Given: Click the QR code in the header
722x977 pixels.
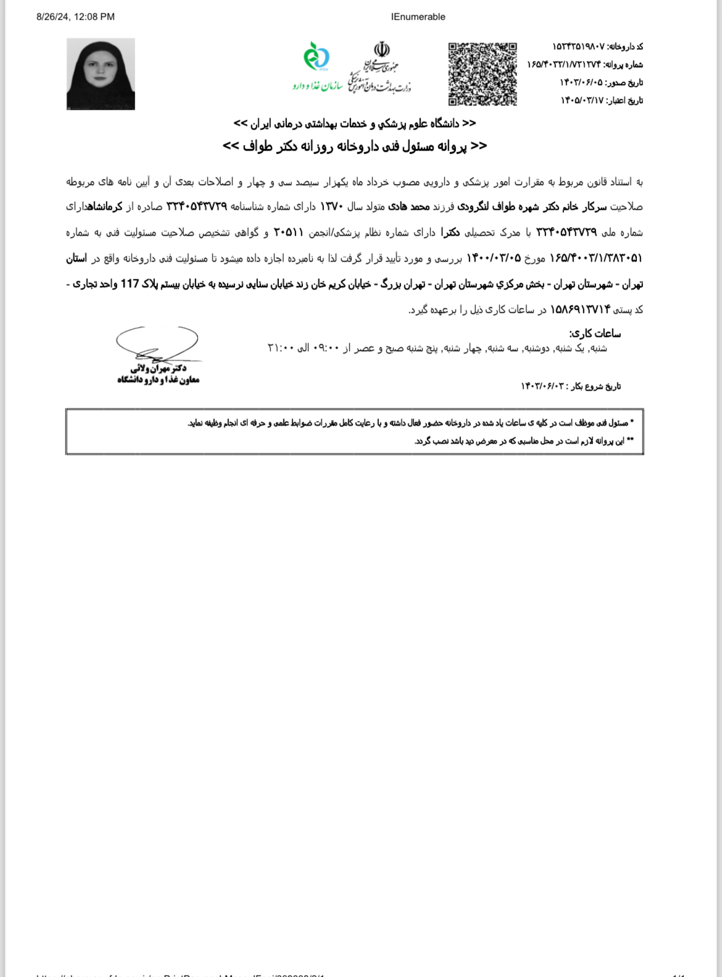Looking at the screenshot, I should pos(483,74).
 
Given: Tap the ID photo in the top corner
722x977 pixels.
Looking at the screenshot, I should pos(101,74).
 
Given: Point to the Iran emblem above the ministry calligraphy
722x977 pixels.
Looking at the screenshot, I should pos(382,49).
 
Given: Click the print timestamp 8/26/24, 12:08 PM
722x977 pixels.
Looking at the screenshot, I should pos(75,17).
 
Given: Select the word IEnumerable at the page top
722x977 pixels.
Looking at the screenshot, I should pos(418,17).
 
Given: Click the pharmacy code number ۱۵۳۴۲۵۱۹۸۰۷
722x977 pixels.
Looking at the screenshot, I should pos(578,47).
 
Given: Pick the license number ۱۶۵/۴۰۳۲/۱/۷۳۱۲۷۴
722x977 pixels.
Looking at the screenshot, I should pos(563,65).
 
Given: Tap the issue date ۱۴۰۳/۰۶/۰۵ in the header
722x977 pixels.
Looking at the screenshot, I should pos(581,83).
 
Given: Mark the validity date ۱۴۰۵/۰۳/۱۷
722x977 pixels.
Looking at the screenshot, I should pos(581,101).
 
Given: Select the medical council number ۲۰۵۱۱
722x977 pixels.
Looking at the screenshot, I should pos(288,233).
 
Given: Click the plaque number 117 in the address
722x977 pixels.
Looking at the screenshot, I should pos(130,284).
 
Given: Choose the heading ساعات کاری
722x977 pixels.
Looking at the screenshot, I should pos(595,334).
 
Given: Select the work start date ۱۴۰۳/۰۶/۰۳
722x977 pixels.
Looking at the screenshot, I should pos(542,386).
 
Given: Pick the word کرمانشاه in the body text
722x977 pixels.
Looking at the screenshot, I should pos(105,207).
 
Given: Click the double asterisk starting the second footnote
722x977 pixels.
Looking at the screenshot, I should pos(630,441).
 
